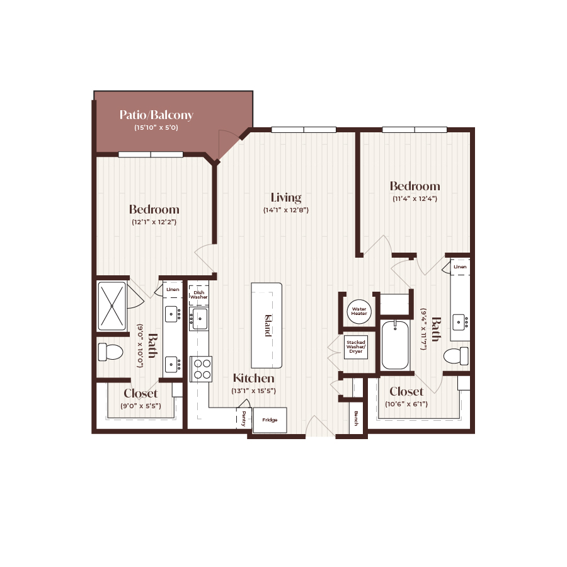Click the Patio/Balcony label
[156, 115]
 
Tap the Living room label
[286, 197]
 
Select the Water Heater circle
[359, 311]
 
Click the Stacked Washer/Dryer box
[355, 347]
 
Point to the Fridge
[270, 420]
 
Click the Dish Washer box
[199, 294]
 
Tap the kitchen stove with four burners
[201, 369]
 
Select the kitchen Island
[266, 325]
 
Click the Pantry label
[244, 418]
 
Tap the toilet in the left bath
[110, 352]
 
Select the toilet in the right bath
[456, 356]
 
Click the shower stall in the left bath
[112, 306]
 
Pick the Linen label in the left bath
[173, 289]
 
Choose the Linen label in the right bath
[461, 267]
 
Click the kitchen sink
[200, 319]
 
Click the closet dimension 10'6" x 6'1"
[406, 404]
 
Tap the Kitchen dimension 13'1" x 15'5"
[254, 391]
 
